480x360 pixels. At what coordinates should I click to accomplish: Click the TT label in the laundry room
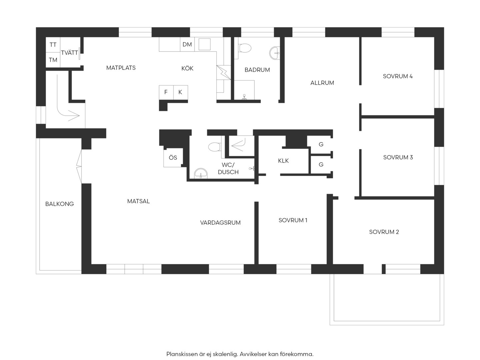click(x=53, y=45)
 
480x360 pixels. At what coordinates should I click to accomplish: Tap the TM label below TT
click(x=53, y=60)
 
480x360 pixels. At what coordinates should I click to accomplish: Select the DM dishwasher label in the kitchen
click(x=187, y=45)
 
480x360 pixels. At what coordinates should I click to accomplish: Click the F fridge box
click(x=166, y=92)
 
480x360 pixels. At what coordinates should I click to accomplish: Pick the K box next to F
click(x=181, y=92)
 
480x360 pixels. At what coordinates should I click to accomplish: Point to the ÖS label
click(x=173, y=158)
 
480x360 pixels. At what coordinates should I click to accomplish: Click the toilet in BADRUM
click(x=244, y=48)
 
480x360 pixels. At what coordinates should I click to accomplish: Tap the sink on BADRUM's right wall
click(x=274, y=53)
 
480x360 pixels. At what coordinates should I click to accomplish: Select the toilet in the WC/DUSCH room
click(x=215, y=147)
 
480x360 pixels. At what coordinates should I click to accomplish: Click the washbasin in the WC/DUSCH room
click(x=201, y=173)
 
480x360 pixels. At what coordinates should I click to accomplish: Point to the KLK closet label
click(x=283, y=161)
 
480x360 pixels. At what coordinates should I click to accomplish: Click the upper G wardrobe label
click(x=321, y=144)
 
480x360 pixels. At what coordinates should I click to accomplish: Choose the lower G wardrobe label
click(x=321, y=165)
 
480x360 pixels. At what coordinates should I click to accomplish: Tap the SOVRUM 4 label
click(x=398, y=76)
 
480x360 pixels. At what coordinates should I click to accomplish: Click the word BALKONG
click(x=59, y=204)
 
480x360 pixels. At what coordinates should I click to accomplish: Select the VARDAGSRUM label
click(x=220, y=223)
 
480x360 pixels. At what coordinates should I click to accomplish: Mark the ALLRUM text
click(x=322, y=83)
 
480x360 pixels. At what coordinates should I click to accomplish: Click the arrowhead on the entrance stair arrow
click(x=74, y=116)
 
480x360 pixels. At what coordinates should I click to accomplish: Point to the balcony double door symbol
click(x=79, y=167)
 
